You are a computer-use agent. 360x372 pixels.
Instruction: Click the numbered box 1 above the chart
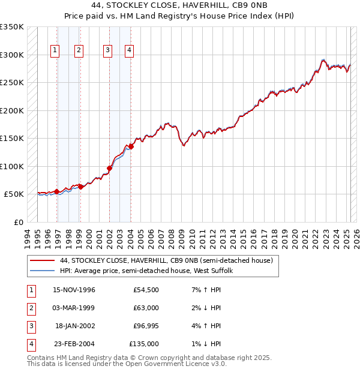(x=55, y=51)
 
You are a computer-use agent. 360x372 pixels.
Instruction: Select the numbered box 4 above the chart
(x=129, y=51)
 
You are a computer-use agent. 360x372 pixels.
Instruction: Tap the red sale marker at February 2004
(x=131, y=146)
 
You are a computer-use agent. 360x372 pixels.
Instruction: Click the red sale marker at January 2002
(x=110, y=168)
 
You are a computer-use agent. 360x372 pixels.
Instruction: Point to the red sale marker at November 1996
(x=57, y=192)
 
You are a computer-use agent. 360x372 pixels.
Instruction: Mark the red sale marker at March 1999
(x=80, y=187)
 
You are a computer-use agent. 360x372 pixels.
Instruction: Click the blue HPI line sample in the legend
(x=42, y=271)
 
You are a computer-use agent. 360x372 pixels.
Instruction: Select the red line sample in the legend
(x=42, y=260)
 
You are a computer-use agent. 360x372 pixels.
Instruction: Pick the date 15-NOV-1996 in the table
(x=74, y=290)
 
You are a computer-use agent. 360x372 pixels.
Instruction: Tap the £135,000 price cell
(x=144, y=344)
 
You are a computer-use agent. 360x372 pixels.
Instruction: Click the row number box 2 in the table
(x=31, y=308)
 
